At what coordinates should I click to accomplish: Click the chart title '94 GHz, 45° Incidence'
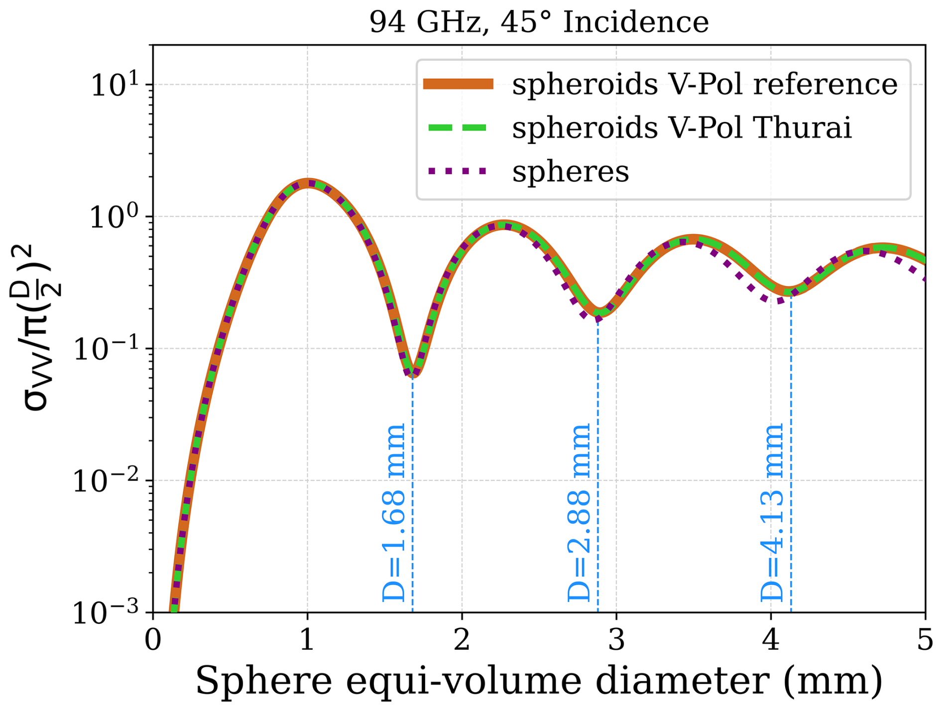point(539,22)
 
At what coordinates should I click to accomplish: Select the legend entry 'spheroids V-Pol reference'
point(705,84)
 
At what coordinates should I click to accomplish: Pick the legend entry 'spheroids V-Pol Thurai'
point(682,127)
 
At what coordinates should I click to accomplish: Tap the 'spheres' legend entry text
point(571,171)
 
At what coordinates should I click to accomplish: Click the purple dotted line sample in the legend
point(458,171)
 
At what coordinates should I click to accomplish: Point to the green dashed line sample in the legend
point(458,127)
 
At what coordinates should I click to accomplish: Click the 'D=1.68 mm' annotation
point(394,513)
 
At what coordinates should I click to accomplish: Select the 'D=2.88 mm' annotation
point(579,513)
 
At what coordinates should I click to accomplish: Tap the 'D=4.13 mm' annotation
point(772,513)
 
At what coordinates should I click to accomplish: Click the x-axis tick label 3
point(616,640)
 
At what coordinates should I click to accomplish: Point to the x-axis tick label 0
point(153,640)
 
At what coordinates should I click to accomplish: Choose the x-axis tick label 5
point(925,640)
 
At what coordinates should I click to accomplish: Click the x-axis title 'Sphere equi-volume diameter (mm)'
point(539,681)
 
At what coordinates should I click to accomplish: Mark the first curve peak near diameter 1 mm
point(309,184)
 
